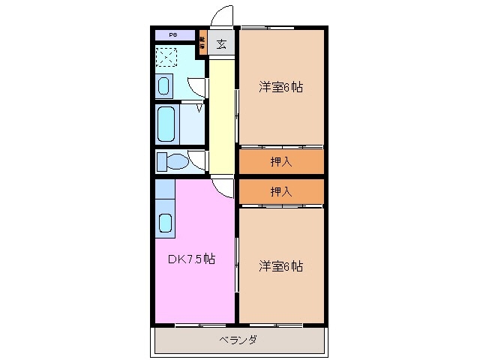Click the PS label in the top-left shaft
172,35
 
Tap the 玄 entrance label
222,43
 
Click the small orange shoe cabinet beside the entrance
202,42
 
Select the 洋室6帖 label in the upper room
281,87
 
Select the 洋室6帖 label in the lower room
281,265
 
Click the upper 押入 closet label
281,161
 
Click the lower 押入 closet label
281,191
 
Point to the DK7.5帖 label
191,259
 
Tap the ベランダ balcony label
239,340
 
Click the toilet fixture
175,160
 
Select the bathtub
166,122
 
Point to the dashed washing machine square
166,57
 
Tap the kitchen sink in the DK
165,222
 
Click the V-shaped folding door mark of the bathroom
199,108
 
